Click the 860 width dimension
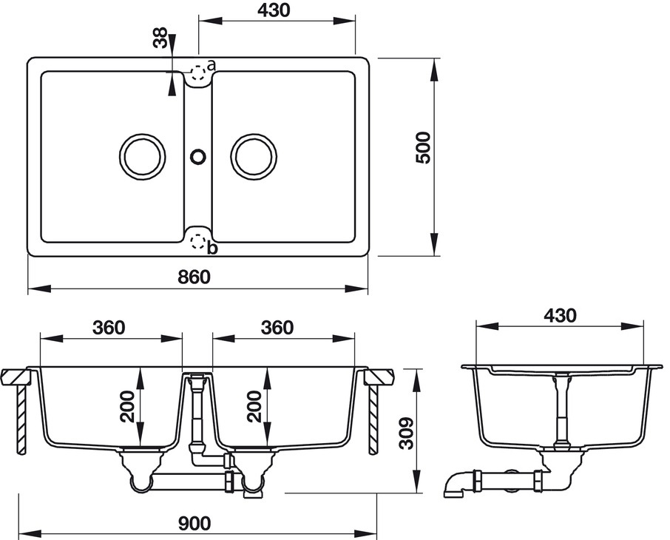tap(194, 277)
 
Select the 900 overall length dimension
tap(194, 522)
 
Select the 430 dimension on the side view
tap(560, 314)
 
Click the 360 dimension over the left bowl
tap(109, 327)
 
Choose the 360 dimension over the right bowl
tap(277, 327)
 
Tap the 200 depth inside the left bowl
tap(129, 407)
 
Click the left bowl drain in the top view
tap(141, 156)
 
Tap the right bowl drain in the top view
tap(254, 156)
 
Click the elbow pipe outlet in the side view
tap(453, 487)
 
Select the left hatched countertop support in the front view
tap(22, 418)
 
